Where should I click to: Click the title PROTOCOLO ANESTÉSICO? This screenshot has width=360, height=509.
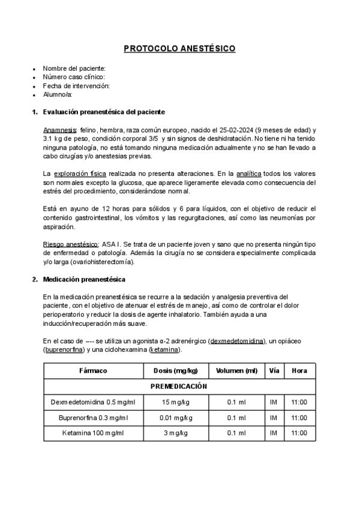coord(179,49)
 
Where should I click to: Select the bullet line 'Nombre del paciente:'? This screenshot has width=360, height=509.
coord(74,68)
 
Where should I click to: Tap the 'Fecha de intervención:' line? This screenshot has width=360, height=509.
coord(76,86)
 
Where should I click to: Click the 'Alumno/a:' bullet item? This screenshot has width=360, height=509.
coord(58,94)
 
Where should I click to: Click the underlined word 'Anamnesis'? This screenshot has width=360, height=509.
coord(59,130)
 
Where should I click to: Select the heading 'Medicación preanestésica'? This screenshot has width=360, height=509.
coord(84,279)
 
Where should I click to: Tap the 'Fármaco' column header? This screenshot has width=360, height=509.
coord(93,370)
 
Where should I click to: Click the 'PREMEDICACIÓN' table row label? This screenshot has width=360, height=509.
coord(179,387)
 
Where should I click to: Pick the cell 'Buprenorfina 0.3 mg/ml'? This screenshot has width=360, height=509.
coord(93,418)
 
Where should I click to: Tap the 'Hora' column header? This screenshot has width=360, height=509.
coord(299,370)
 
